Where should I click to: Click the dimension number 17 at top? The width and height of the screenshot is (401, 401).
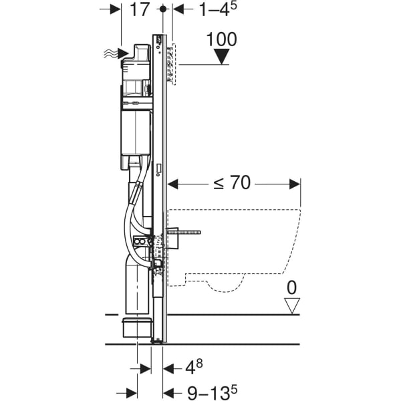pos(140,10)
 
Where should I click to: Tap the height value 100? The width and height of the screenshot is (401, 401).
pos(222,39)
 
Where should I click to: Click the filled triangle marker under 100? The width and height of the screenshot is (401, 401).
pos(222,58)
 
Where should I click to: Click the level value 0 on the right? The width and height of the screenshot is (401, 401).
pos(291,288)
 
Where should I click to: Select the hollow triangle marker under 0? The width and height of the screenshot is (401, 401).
pos(291,306)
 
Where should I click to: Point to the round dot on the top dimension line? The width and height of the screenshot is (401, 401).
pos(163,9)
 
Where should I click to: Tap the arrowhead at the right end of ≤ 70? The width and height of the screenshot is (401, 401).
pos(295,182)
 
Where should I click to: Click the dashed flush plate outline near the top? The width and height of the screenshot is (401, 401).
pos(175,64)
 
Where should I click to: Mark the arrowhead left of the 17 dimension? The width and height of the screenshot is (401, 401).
pos(116,9)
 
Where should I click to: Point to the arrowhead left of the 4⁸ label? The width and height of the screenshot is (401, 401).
pos(147,368)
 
